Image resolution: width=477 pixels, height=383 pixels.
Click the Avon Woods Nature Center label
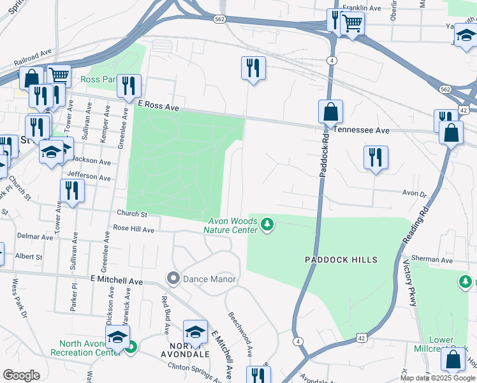[231, 225]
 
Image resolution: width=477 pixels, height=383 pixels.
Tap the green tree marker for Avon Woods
[268, 225]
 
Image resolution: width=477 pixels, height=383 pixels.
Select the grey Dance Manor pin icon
[173, 278]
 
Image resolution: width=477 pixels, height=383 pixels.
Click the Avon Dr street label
[413, 193]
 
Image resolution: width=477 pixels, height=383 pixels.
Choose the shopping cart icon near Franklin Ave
[351, 24]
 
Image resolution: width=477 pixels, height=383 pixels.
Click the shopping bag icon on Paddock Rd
[331, 112]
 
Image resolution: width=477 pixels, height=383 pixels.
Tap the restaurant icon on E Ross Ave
[129, 85]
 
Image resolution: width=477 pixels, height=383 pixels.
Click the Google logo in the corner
[21, 375]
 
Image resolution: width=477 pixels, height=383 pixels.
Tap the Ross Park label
[98, 80]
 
